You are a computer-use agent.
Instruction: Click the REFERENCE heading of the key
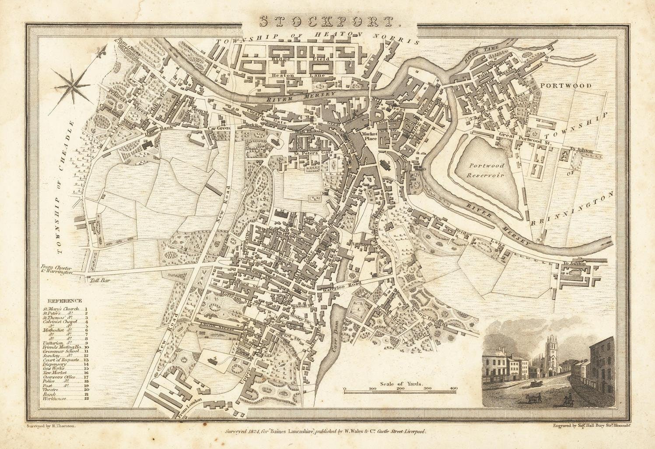coord(65,301)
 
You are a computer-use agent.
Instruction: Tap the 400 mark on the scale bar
coord(453,388)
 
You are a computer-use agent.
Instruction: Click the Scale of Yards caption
coord(401,383)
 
